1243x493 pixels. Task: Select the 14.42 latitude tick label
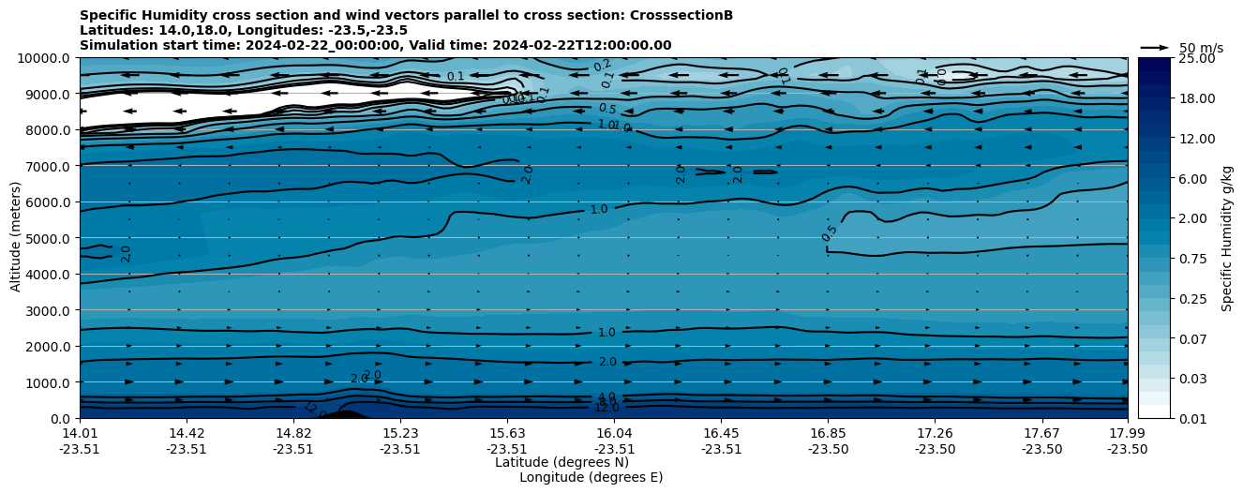pyautogui.click(x=187, y=433)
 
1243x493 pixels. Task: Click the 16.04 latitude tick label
pyautogui.click(x=614, y=433)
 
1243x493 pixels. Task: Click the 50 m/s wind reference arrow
pyautogui.click(x=1155, y=47)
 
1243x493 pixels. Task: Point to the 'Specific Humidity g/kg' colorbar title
pyautogui.click(x=1227, y=238)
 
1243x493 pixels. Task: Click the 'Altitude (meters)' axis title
pyautogui.click(x=17, y=238)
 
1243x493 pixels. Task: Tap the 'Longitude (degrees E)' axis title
pyautogui.click(x=591, y=477)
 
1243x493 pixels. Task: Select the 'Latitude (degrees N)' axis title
pyautogui.click(x=562, y=462)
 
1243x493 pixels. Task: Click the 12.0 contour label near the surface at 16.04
pyautogui.click(x=607, y=408)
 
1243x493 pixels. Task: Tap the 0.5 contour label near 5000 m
pyautogui.click(x=829, y=233)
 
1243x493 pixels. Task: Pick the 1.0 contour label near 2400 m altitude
pyautogui.click(x=607, y=333)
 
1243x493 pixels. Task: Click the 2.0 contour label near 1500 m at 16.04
pyautogui.click(x=607, y=362)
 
